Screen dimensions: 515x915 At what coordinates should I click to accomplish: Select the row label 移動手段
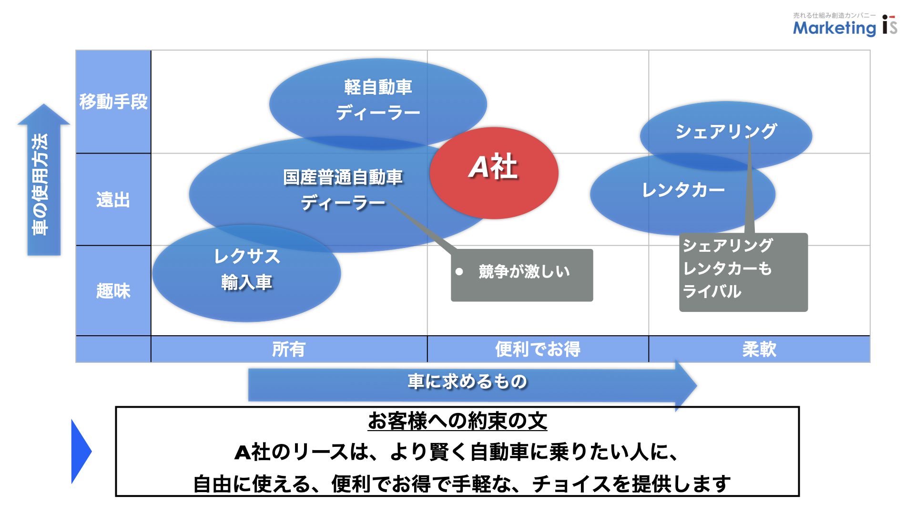click(x=113, y=102)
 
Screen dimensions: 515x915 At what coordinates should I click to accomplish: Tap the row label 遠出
click(x=113, y=199)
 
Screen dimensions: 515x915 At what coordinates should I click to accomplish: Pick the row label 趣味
click(x=113, y=290)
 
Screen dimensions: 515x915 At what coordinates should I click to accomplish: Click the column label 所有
click(x=289, y=349)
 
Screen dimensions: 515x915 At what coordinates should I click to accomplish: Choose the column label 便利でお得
click(x=538, y=349)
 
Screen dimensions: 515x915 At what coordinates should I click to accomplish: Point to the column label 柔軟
click(x=759, y=349)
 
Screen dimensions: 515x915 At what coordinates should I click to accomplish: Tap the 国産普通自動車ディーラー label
click(x=343, y=190)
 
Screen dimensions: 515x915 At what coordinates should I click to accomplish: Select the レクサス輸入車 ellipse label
click(x=246, y=269)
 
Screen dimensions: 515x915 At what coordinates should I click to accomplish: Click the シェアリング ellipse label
click(x=726, y=131)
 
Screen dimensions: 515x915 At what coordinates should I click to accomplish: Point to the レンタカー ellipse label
click(x=683, y=190)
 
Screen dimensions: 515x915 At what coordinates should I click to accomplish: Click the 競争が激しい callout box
click(x=522, y=275)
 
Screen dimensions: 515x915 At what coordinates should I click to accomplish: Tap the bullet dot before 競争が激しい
click(x=459, y=272)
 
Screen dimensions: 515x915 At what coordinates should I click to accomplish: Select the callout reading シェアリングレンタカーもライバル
click(x=743, y=272)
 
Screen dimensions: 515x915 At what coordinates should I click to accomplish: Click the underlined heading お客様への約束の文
click(x=457, y=421)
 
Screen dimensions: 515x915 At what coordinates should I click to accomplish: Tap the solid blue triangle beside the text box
click(x=80, y=451)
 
